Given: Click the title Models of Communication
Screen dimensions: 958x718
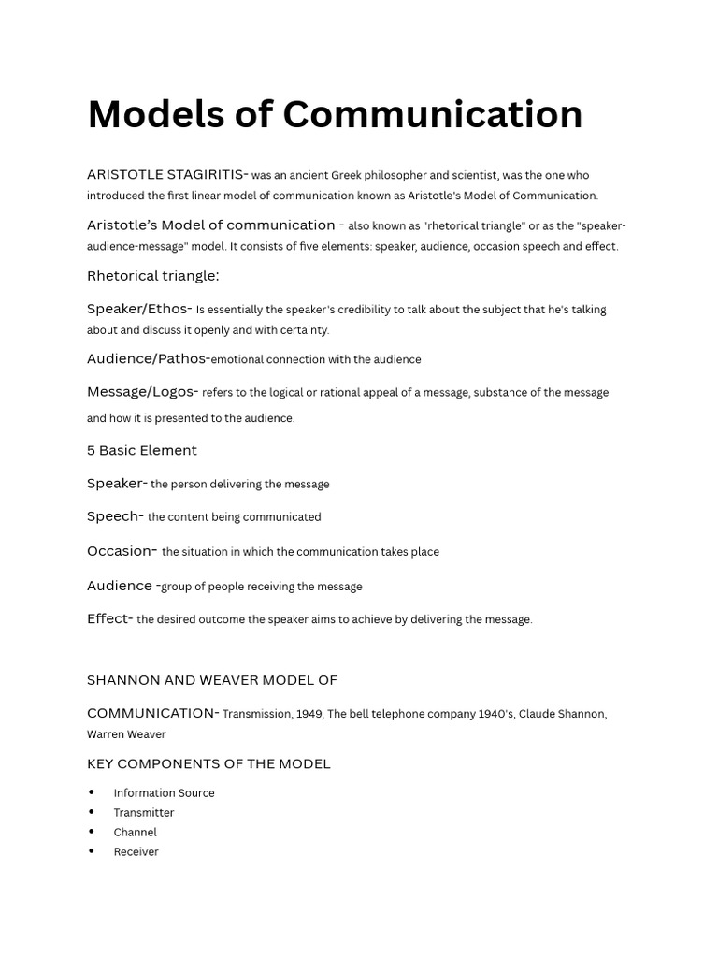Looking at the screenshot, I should coord(335,115).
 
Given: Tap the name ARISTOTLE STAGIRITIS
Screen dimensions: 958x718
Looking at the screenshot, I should coord(166,174).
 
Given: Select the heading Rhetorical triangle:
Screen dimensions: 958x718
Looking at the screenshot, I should coord(153,276).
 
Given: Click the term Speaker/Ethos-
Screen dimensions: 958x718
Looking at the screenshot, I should coord(139,309).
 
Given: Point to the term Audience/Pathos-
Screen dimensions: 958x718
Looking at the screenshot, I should coord(148,358).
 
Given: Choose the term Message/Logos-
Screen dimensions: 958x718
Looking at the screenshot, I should coord(142,392).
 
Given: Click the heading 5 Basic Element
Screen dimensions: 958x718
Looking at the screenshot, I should coord(142,450).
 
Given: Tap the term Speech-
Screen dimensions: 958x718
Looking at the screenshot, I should coord(115,516).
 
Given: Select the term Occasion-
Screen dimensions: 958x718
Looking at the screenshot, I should coord(122,551).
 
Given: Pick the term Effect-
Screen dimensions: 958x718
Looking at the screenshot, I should coord(109,618).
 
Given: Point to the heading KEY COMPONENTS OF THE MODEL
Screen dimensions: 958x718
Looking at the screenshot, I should coord(208,763).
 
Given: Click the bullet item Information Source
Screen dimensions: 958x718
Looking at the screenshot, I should coord(164,793).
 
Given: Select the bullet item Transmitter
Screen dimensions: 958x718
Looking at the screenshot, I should coord(144,813).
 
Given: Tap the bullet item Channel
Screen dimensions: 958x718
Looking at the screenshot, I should coord(135,833).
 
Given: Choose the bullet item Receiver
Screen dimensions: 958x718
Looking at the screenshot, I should coord(136,852).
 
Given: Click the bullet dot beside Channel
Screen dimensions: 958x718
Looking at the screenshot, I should coord(92,832).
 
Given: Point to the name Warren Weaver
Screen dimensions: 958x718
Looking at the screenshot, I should coord(126,734).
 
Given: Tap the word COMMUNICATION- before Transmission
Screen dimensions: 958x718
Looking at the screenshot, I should coord(152,713).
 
